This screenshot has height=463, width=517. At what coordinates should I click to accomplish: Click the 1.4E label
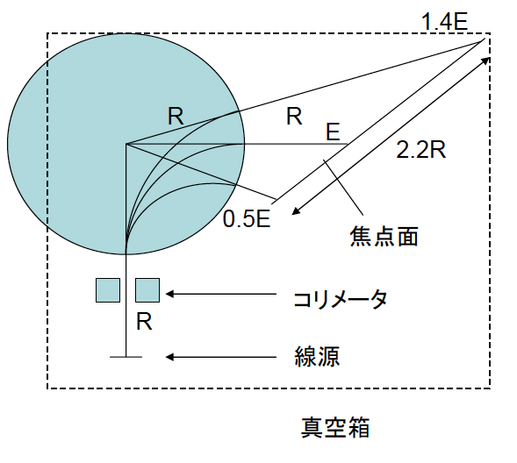coord(444,23)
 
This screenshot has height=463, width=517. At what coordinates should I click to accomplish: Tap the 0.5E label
coord(247,218)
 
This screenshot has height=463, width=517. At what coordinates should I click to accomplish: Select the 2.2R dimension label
coord(420,150)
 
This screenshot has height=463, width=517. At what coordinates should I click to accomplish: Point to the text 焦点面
coord(384,236)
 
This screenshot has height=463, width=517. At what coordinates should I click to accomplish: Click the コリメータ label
coord(340,299)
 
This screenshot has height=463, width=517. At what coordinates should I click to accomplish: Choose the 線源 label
coord(317,356)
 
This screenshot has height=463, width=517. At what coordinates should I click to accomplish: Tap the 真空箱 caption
coord(335,427)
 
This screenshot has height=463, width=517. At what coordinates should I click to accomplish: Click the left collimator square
coord(108,290)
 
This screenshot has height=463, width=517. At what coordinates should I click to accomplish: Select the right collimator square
coord(147,290)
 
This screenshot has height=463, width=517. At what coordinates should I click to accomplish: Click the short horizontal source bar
coord(126,357)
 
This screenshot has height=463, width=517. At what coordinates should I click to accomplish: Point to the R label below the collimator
coord(144,322)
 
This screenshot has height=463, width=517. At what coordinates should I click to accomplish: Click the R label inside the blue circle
coord(176,116)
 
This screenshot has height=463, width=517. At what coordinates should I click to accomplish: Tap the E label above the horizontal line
coord(333,132)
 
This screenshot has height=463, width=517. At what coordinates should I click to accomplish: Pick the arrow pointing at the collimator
coord(221,294)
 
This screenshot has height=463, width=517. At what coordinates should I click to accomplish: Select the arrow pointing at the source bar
coord(221,357)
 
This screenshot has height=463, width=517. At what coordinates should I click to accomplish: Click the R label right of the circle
coord(294,117)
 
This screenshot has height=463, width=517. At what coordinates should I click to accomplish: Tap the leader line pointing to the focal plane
coord(344,188)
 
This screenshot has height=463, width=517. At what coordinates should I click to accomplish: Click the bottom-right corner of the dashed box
coord(490,388)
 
